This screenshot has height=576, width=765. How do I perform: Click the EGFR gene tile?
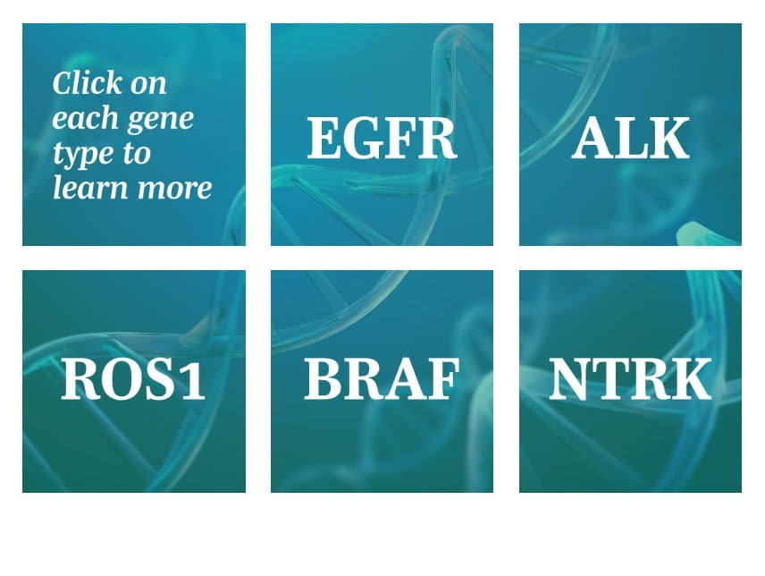pyautogui.click(x=382, y=134)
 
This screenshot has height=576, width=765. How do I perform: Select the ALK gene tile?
pyautogui.click(x=630, y=134)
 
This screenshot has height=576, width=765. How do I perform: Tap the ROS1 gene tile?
pyautogui.click(x=134, y=381)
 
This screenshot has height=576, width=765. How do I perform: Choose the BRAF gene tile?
pyautogui.click(x=382, y=381)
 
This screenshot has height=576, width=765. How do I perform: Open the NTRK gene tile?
pyautogui.click(x=630, y=381)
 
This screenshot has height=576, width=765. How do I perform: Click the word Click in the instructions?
pyautogui.click(x=88, y=83)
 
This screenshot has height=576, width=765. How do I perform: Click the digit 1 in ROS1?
pyautogui.click(x=194, y=379)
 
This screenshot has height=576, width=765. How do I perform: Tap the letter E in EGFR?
pyautogui.click(x=323, y=138)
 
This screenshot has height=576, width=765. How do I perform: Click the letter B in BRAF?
pyautogui.click(x=322, y=379)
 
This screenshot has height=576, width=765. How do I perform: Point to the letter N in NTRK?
pyautogui.click(x=571, y=379)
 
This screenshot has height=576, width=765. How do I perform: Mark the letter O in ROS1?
pyautogui.click(x=122, y=379)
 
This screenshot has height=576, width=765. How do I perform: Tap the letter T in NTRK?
pyautogui.click(x=612, y=379)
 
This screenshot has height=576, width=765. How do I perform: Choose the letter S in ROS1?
pyautogui.click(x=164, y=379)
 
